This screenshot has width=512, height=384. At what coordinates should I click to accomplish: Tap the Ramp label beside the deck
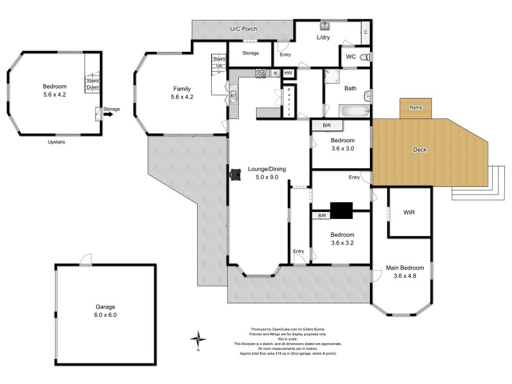point(415,108)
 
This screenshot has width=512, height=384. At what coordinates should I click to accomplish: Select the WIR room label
point(410,212)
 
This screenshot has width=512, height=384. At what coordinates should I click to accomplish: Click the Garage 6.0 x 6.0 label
point(106,310)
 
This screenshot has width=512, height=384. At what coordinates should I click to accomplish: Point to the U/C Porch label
point(243,29)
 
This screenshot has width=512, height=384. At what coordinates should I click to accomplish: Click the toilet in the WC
point(365,58)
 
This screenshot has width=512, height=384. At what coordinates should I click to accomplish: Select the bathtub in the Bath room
point(348,111)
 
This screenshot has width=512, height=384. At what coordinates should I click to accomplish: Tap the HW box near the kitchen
point(288,74)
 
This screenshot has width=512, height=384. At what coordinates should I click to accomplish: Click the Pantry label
point(289,101)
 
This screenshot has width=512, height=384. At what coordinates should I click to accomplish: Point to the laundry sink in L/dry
point(325,26)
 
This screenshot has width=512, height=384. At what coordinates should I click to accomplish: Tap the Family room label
point(182,93)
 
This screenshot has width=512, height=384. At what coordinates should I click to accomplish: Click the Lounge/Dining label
point(266,173)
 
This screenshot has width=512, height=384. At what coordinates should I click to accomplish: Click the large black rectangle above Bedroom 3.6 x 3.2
point(342,211)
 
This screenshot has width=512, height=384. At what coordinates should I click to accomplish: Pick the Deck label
point(420,150)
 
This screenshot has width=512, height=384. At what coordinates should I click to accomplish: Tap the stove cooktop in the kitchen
point(261,73)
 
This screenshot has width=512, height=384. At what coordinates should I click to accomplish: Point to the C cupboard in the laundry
point(365,31)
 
